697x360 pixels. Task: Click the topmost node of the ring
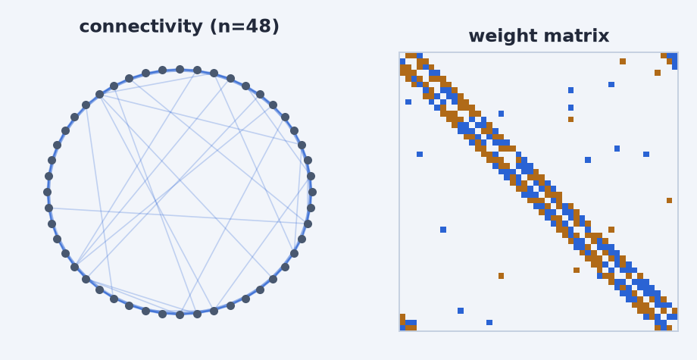[180, 69]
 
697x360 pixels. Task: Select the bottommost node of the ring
[180, 315]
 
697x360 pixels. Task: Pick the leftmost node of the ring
[47, 192]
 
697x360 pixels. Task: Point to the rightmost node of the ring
[312, 192]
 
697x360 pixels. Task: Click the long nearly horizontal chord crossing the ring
[178, 215]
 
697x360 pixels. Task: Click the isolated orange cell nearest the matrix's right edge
[669, 200]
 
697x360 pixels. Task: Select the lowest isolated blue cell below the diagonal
[489, 322]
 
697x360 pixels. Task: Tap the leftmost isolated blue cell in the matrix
[408, 102]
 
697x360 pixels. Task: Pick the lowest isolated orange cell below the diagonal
[501, 276]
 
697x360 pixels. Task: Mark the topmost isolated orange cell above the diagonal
[623, 61]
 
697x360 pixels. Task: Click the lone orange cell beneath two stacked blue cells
[570, 119]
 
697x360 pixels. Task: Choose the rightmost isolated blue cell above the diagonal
[646, 154]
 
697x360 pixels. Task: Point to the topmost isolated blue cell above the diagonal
[611, 84]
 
